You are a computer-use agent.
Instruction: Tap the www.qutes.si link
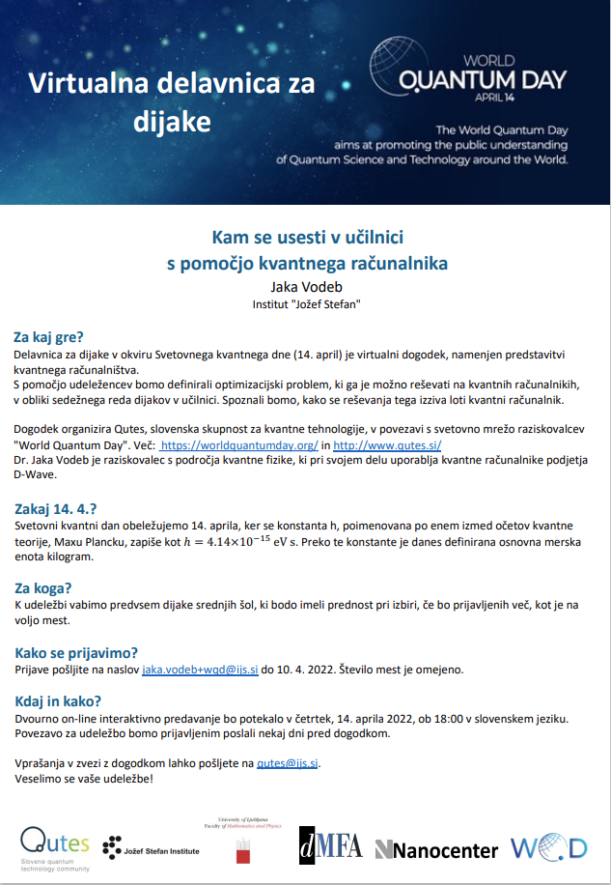coord(387,445)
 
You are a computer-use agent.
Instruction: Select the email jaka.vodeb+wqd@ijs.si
coord(201,670)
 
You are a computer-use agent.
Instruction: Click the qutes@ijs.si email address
coord(287,763)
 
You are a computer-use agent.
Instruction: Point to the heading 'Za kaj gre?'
coord(48,337)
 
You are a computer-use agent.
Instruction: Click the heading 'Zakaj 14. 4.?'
coord(57,508)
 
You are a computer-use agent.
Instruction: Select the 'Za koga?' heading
coord(42,587)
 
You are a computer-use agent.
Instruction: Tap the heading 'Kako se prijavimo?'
coord(76,651)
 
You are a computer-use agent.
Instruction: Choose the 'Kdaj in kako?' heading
coord(60,700)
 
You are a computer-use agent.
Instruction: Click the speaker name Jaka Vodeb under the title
coord(305,286)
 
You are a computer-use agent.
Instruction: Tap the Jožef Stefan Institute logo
coord(152,846)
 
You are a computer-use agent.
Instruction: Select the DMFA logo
coord(330,845)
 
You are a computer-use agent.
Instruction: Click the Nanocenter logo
coord(436,849)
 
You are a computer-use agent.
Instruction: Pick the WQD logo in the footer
coord(549,848)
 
